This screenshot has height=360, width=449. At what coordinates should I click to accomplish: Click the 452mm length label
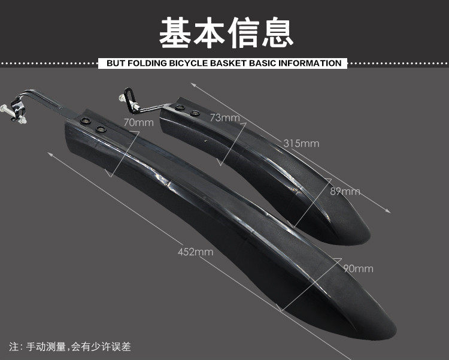[196, 252]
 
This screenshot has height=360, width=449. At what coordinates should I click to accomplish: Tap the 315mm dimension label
[301, 143]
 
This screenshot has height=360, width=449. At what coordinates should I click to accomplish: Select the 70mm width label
[139, 123]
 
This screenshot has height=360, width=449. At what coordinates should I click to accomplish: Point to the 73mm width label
[224, 117]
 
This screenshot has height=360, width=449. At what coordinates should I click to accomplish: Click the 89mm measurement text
[345, 191]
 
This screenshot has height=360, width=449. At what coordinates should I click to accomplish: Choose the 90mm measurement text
[359, 268]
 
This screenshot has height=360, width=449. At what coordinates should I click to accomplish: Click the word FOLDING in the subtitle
[147, 63]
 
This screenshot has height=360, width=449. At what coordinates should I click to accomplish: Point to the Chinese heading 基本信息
[226, 32]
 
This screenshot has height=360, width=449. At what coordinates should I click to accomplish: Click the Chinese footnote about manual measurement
[70, 347]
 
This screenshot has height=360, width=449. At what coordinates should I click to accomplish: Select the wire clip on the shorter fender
[129, 99]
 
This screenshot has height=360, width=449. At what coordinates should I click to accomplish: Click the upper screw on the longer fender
[86, 120]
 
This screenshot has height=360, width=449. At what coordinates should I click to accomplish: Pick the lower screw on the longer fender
[101, 129]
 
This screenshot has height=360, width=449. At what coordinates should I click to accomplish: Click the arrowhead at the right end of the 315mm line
[388, 211]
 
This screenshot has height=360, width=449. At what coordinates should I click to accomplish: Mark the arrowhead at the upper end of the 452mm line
[50, 154]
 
